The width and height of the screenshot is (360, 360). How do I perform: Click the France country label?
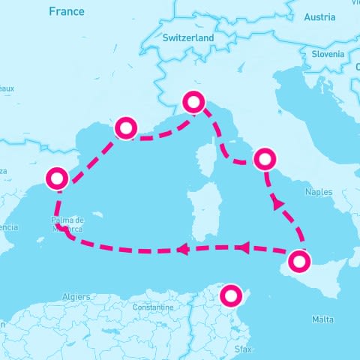pyautogui.click(x=67, y=11)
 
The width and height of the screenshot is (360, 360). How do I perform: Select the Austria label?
pyautogui.click(x=320, y=17)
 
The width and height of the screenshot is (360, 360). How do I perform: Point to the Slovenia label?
pyautogui.click(x=328, y=54)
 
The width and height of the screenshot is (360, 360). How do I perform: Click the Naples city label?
pyautogui.click(x=319, y=192)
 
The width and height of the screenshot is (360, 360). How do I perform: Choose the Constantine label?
pyautogui.click(x=152, y=307)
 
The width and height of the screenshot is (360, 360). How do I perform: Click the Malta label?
pyautogui.click(x=323, y=319)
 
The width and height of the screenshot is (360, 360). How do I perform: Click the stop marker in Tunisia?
pyautogui.click(x=231, y=295)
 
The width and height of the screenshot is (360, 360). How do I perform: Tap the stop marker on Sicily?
pyautogui.click(x=298, y=262)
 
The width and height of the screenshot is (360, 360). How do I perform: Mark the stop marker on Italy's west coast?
pyautogui.click(x=265, y=159)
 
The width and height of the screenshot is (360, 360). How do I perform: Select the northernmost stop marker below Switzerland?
pyautogui.click(x=194, y=102)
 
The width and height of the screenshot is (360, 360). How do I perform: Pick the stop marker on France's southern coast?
pyautogui.click(x=124, y=128)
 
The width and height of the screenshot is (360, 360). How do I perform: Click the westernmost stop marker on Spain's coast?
pyautogui.click(x=57, y=178)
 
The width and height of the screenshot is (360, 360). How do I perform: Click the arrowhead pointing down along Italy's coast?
pyautogui.click(x=277, y=203)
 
